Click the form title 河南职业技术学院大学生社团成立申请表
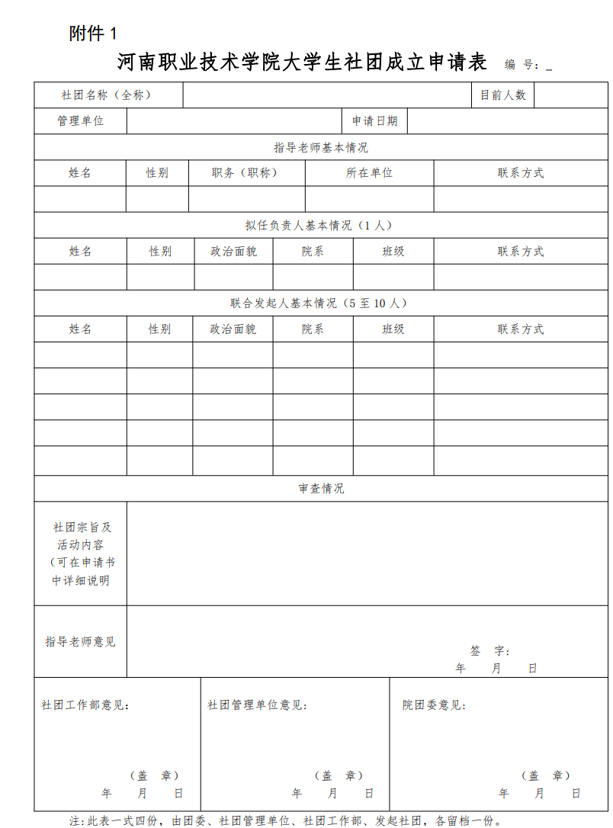pos(302,63)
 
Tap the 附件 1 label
pos(94,34)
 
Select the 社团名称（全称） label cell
pos(107,95)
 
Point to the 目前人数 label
pos(503,95)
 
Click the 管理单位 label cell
pos(81,121)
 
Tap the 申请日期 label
pos(374,121)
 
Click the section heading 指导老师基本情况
pos(321,147)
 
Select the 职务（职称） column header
pos(246,173)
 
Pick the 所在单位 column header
pos(369,173)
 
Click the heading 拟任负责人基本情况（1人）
pos(321,226)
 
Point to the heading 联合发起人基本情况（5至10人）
pos(320,303)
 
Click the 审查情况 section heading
pos(321,489)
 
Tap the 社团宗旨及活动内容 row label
pos(81,554)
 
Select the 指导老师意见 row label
pos(81,642)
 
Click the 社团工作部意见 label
pos(85,705)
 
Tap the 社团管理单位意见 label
pos(257,705)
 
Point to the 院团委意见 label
pos(435,705)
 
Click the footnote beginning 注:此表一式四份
pos(285,821)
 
